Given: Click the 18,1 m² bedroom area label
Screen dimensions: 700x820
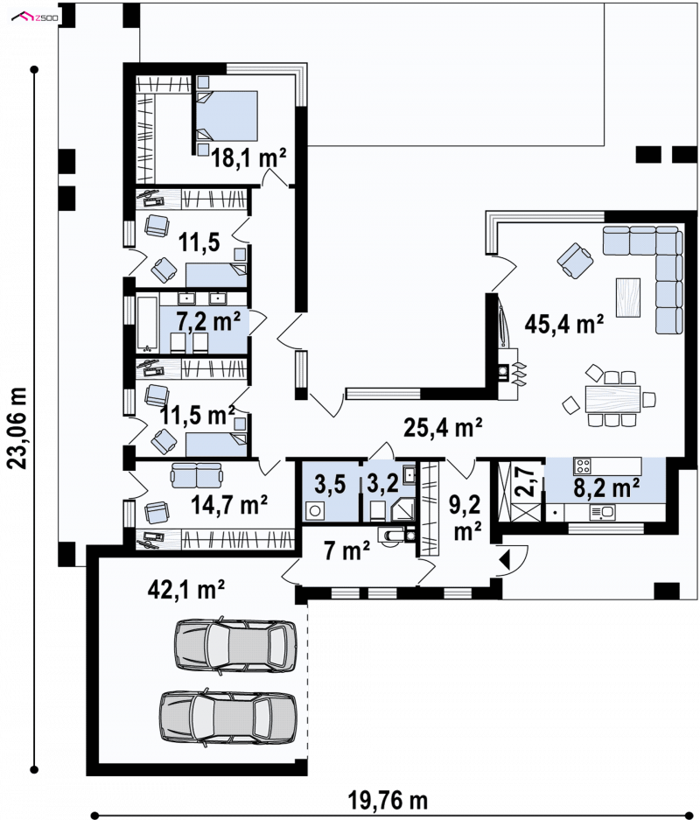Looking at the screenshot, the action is point(248,157).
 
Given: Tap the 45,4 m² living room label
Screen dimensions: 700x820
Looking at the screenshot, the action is point(564,324).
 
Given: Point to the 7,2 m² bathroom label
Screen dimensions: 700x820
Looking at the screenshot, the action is point(208,321).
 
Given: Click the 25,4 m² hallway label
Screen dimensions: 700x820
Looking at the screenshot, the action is point(443,428).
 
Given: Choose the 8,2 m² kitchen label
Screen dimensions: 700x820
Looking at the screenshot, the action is point(606,487).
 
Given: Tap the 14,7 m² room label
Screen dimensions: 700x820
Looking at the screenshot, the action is point(229,505).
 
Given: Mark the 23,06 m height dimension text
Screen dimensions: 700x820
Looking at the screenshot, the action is point(17,428).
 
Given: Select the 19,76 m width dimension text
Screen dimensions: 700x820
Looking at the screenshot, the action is point(388,800).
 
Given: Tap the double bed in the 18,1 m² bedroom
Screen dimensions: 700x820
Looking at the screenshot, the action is point(227,116).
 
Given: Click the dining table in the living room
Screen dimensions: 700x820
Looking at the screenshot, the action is point(612,399).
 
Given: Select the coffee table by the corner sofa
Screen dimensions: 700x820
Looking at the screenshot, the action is point(628,297).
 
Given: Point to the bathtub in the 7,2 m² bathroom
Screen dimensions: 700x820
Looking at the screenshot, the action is point(147,323).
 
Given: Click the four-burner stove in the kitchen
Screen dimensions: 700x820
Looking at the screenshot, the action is point(583,466).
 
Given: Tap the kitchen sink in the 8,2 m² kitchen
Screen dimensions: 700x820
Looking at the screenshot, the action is point(602,512).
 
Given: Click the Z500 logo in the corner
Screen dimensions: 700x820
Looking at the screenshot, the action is point(35,18).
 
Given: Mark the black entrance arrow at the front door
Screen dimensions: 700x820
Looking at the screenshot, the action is point(505,559).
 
